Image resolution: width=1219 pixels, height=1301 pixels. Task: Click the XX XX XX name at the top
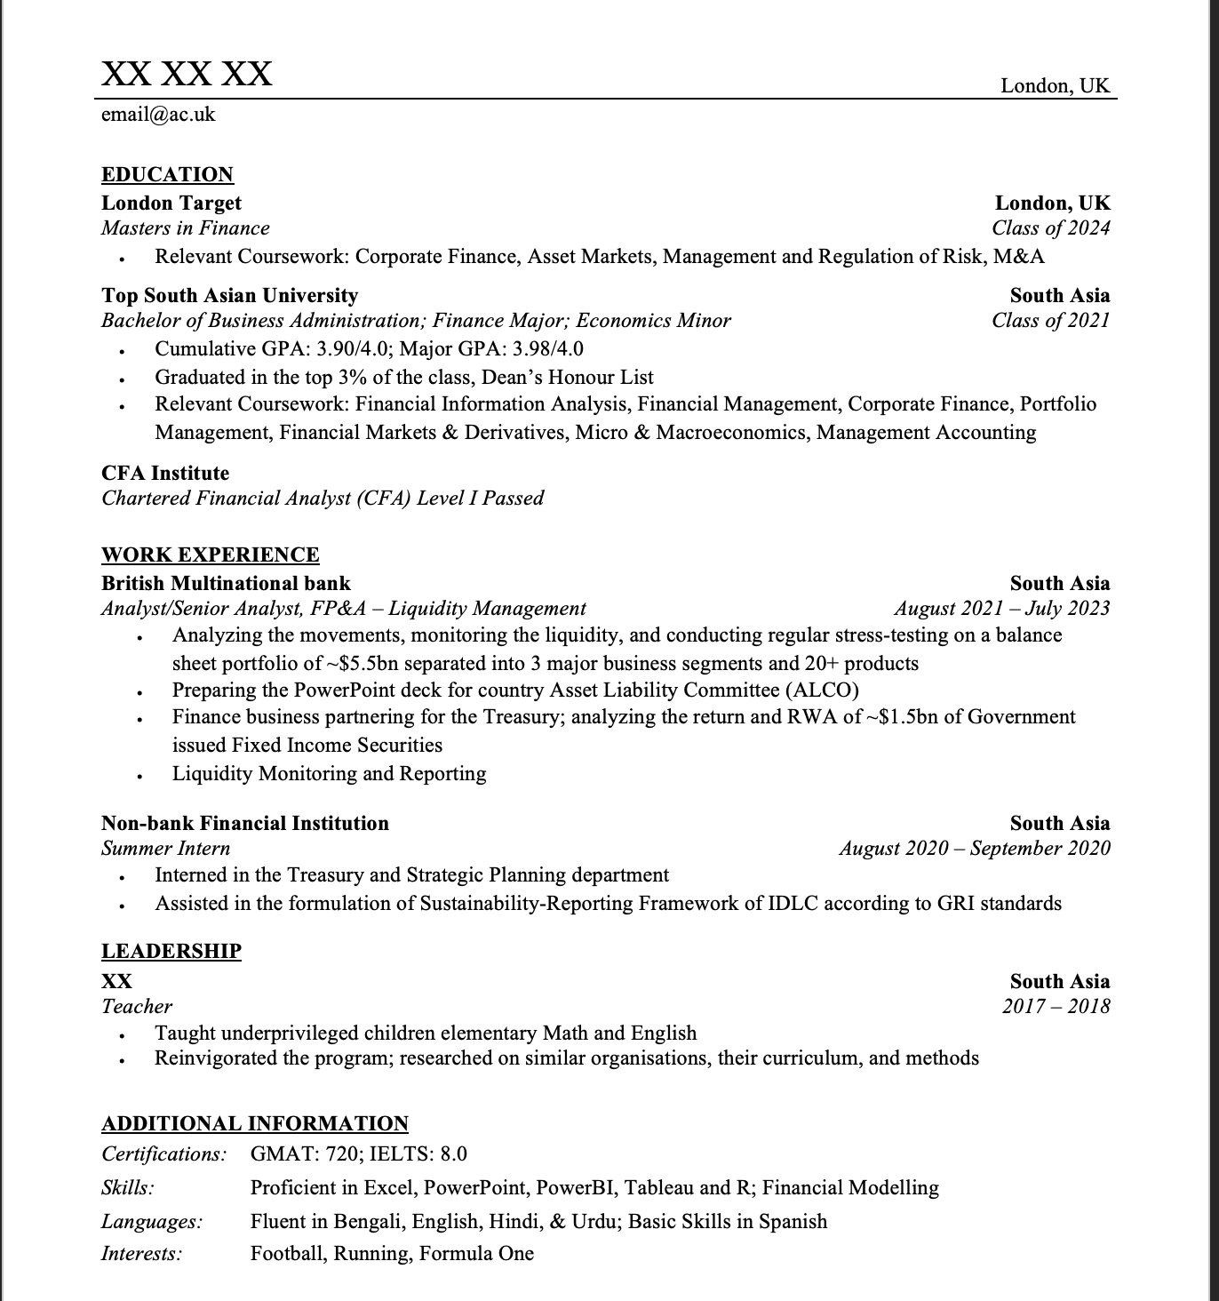[187, 73]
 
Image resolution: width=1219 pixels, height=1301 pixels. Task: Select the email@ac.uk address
[158, 115]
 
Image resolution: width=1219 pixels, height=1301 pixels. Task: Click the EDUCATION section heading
[167, 174]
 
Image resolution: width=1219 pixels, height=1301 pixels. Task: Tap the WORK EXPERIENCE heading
[210, 555]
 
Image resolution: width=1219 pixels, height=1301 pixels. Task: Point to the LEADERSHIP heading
[171, 951]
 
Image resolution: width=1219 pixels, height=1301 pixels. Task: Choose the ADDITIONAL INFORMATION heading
[255, 1123]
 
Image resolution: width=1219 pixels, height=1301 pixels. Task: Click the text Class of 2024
[1051, 228]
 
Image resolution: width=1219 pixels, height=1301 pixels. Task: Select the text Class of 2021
[1051, 321]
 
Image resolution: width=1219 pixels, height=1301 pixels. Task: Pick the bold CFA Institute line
[165, 473]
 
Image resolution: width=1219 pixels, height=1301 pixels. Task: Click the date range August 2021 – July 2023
[1002, 609]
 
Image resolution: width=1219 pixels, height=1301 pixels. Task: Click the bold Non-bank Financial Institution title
[245, 823]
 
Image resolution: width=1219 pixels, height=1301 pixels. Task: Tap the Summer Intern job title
[166, 849]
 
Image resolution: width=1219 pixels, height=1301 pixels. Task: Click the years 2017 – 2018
[1056, 1007]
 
